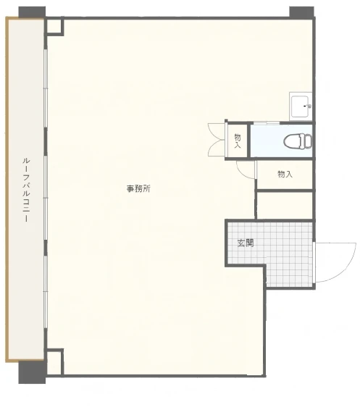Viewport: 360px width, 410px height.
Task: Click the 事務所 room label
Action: pyautogui.click(x=138, y=188)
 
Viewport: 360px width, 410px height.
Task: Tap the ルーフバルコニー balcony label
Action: pyautogui.click(x=26, y=190)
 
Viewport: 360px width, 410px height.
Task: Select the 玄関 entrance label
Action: pyautogui.click(x=246, y=243)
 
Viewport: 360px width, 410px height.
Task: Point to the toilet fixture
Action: pyautogui.click(x=298, y=141)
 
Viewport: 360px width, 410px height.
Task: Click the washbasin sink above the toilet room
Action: pyautogui.click(x=301, y=106)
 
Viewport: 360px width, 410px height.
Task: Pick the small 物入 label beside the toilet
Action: pyautogui.click(x=238, y=141)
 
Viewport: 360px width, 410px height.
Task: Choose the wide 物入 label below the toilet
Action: pyautogui.click(x=285, y=174)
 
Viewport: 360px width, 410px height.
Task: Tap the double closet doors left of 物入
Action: pyautogui.click(x=217, y=140)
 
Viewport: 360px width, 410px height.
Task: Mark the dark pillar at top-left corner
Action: pyautogui.click(x=32, y=12)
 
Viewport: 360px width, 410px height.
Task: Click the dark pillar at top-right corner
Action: pyautogui.click(x=301, y=12)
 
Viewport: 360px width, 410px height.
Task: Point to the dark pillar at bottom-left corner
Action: pyautogui.click(x=32, y=372)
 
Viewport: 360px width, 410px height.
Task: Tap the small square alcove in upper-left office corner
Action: pyautogui.click(x=54, y=26)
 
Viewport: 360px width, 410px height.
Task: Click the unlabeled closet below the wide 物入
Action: pyautogui.click(x=285, y=206)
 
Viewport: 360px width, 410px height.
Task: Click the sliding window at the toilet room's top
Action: pyautogui.click(x=267, y=123)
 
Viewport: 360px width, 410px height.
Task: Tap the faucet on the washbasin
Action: pyautogui.click(x=307, y=106)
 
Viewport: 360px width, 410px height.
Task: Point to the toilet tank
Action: pyautogui.click(x=309, y=141)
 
